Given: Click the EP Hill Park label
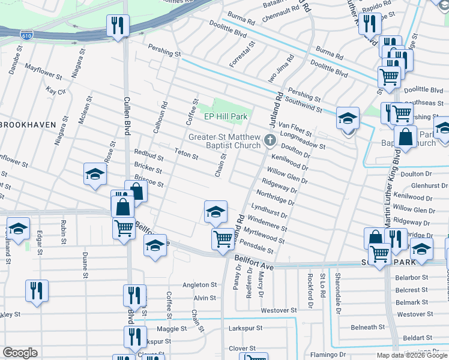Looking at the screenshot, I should coord(226,116).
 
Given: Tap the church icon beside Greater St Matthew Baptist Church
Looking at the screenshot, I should coord(270,141).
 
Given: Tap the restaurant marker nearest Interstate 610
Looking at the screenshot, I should coord(116,25).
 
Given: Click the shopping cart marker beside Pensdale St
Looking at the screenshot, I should coord(223,239).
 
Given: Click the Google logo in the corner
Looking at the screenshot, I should coord(20,353).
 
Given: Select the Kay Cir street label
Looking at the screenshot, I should coord(55,91).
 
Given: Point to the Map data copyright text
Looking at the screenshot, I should coord(412,355).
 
